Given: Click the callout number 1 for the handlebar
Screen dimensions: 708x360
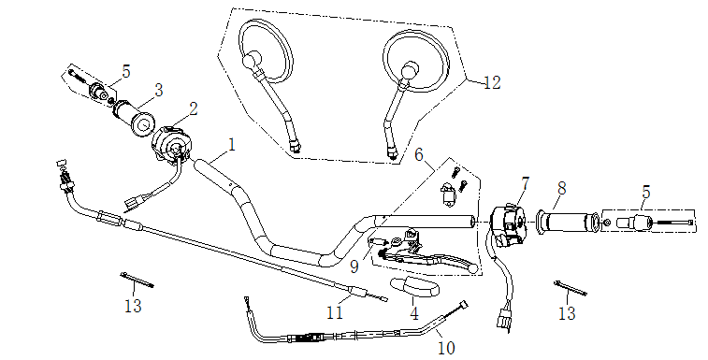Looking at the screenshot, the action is (232, 146).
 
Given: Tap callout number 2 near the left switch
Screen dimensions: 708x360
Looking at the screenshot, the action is (194, 108).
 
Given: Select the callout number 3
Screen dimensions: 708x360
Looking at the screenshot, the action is (158, 90).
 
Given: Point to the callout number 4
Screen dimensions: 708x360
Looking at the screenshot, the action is (414, 313).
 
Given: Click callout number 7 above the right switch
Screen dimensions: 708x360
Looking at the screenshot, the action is (525, 184).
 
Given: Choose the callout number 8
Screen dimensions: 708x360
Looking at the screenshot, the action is (561, 189).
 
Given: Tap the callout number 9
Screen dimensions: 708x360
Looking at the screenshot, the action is (354, 266).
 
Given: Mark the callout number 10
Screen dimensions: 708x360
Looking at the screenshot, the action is (446, 348).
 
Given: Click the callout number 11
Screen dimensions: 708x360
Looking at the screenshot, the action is (335, 312).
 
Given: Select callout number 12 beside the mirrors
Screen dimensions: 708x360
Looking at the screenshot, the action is (492, 82).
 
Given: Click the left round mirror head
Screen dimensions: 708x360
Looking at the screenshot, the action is (265, 51).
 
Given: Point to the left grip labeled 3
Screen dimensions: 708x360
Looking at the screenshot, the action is (134, 117).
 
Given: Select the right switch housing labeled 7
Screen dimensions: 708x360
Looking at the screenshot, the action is (510, 225).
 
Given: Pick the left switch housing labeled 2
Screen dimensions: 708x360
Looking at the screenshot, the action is (171, 143).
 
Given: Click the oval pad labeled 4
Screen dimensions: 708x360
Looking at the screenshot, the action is (414, 286).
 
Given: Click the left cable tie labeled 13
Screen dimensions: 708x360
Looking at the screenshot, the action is (137, 280).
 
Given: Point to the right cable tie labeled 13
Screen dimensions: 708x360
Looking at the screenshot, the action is (571, 288).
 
